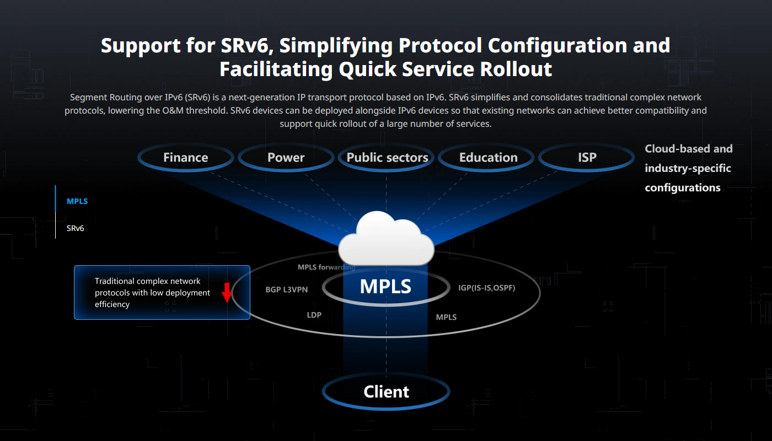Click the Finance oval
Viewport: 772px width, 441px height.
[186, 158]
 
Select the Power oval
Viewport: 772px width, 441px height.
[286, 158]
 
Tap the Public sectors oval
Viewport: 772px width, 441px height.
[387, 158]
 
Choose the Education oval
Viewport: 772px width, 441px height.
[488, 158]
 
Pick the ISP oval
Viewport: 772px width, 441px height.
[587, 158]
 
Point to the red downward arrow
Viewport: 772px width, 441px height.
[227, 293]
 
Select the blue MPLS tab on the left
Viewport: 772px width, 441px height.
[77, 201]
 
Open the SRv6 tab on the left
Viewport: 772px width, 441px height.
[76, 228]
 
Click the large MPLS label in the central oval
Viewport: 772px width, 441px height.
[385, 287]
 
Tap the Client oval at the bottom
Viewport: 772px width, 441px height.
[386, 392]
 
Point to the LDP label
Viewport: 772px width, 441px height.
[314, 315]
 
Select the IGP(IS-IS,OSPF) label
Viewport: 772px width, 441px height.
[486, 287]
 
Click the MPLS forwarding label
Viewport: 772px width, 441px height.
[326, 267]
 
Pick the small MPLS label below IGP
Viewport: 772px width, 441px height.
[446, 317]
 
